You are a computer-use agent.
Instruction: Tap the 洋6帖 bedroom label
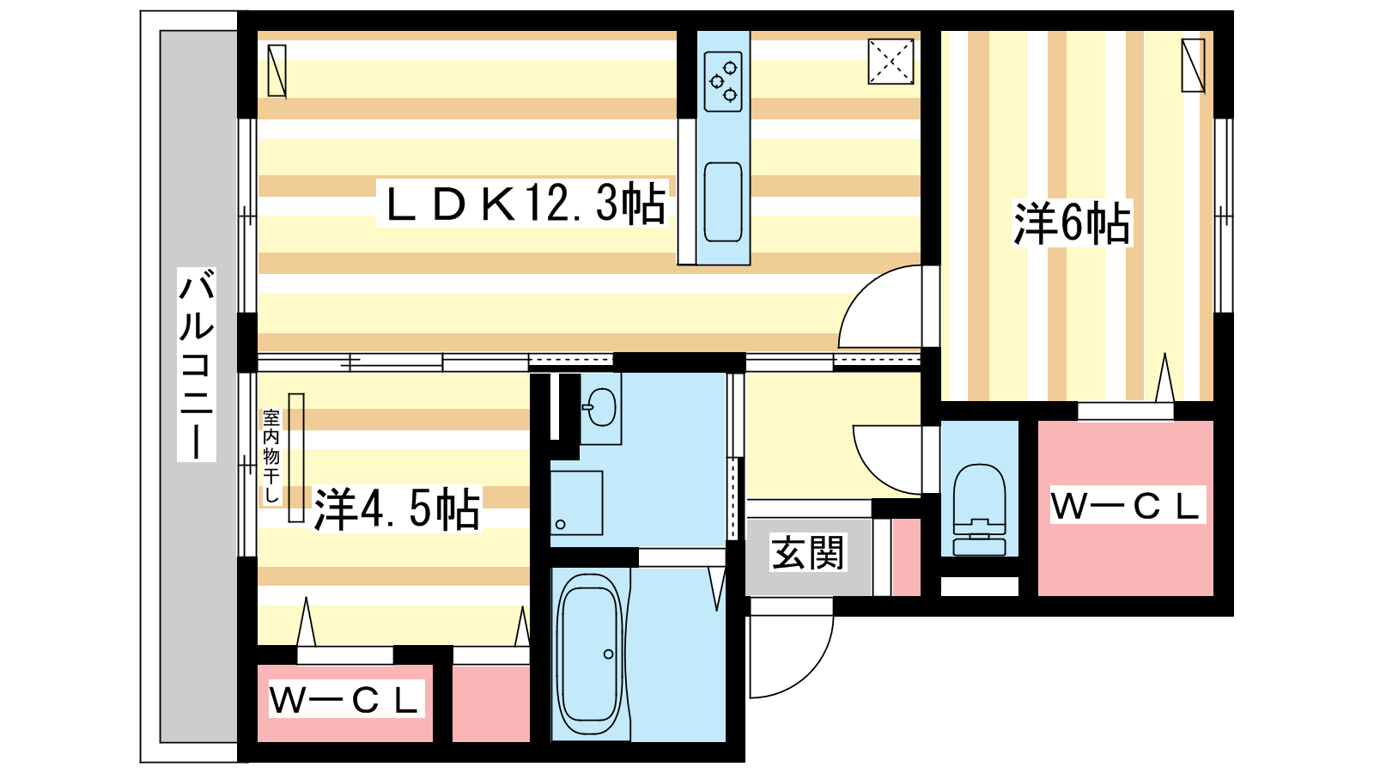pyautogui.click(x=1072, y=223)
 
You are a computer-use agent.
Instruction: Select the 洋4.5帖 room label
pyautogui.click(x=397, y=508)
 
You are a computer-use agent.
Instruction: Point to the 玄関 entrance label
pyautogui.click(x=807, y=552)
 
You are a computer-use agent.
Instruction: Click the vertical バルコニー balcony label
pyautogui.click(x=197, y=364)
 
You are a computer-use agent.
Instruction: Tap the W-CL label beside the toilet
pyautogui.click(x=1128, y=505)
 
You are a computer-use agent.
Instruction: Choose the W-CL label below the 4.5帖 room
pyautogui.click(x=346, y=699)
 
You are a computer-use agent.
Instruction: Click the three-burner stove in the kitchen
pyautogui.click(x=723, y=82)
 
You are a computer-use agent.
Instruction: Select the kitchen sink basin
pyautogui.click(x=723, y=202)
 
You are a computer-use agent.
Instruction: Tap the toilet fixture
pyautogui.click(x=980, y=509)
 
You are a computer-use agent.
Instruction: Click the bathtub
pyautogui.click(x=589, y=654)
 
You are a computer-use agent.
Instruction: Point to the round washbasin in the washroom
pyautogui.click(x=602, y=407)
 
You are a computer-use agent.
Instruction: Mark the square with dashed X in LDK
pyautogui.click(x=891, y=61)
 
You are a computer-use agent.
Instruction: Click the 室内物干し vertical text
pyautogui.click(x=271, y=456)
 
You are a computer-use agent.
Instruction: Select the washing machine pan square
pyautogui.click(x=576, y=503)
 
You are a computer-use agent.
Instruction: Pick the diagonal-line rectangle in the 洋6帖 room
pyautogui.click(x=1193, y=65)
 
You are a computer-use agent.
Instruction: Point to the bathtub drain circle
pyautogui.click(x=609, y=654)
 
